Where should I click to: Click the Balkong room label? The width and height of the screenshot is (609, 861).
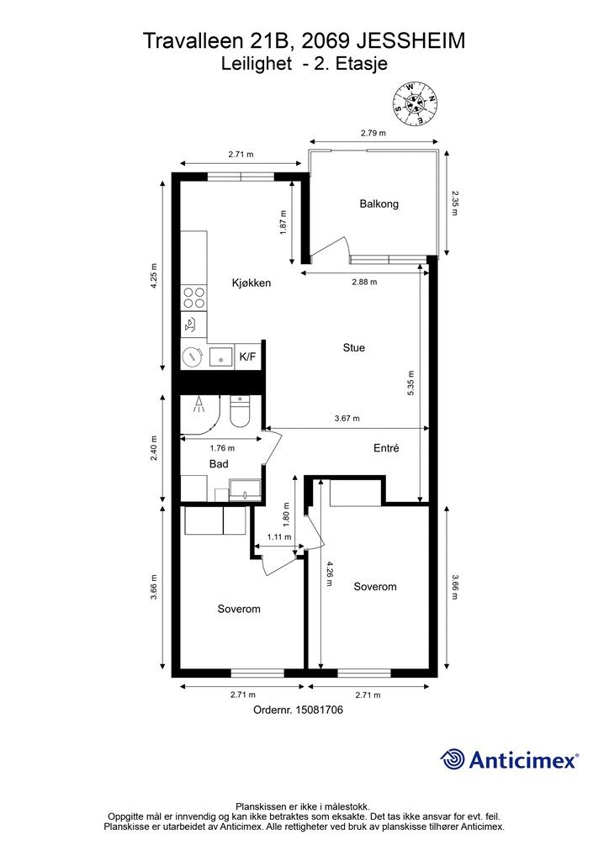(x=379, y=203)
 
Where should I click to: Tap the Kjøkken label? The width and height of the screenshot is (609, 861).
(x=251, y=283)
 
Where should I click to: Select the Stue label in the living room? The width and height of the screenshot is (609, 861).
(x=353, y=347)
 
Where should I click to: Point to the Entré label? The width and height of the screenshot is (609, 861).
(x=386, y=448)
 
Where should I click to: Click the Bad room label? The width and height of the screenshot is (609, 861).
(x=219, y=464)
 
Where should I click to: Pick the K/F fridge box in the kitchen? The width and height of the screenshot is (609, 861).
(x=247, y=357)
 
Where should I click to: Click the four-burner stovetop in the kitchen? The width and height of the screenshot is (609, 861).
(x=194, y=297)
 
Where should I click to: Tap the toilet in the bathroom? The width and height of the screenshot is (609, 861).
(x=240, y=412)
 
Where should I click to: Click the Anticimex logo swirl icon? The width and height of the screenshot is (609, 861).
(x=453, y=760)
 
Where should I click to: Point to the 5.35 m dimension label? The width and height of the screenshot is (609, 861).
(x=411, y=383)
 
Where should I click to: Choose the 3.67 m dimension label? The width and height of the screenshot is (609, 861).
(x=347, y=419)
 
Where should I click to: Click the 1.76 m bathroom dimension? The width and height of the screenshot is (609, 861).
(x=222, y=448)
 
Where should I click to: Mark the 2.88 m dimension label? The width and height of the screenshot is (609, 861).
(x=364, y=283)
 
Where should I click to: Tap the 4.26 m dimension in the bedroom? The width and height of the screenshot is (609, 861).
(x=329, y=573)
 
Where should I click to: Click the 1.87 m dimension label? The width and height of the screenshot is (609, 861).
(x=283, y=222)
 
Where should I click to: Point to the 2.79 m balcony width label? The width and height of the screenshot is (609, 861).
(x=373, y=133)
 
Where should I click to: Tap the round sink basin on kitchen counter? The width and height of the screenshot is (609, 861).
(x=193, y=357)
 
